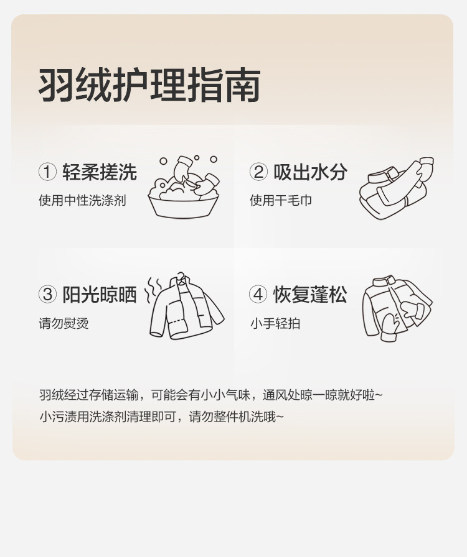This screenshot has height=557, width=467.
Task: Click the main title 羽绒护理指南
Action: click(x=149, y=85)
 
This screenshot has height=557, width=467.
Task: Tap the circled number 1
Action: click(x=47, y=172)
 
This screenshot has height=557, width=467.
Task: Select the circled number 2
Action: click(x=258, y=172)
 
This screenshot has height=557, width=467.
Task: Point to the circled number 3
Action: click(x=47, y=295)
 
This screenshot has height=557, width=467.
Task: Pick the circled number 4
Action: click(x=258, y=295)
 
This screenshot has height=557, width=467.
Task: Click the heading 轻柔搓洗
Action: click(x=100, y=172)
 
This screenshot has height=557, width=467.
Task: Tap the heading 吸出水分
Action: click(x=310, y=172)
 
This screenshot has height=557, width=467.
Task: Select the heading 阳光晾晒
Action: click(x=100, y=295)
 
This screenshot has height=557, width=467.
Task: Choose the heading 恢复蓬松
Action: click(x=310, y=295)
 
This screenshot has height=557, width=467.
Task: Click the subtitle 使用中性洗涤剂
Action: click(x=82, y=200)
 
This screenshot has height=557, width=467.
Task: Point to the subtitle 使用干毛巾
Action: click(x=281, y=200)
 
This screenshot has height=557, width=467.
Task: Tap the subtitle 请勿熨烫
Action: click(x=64, y=323)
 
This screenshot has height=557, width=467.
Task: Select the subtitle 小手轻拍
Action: click(x=275, y=323)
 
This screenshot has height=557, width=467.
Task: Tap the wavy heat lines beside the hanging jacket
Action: click(x=153, y=290)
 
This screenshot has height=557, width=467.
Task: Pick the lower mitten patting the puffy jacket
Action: click(x=390, y=328)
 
